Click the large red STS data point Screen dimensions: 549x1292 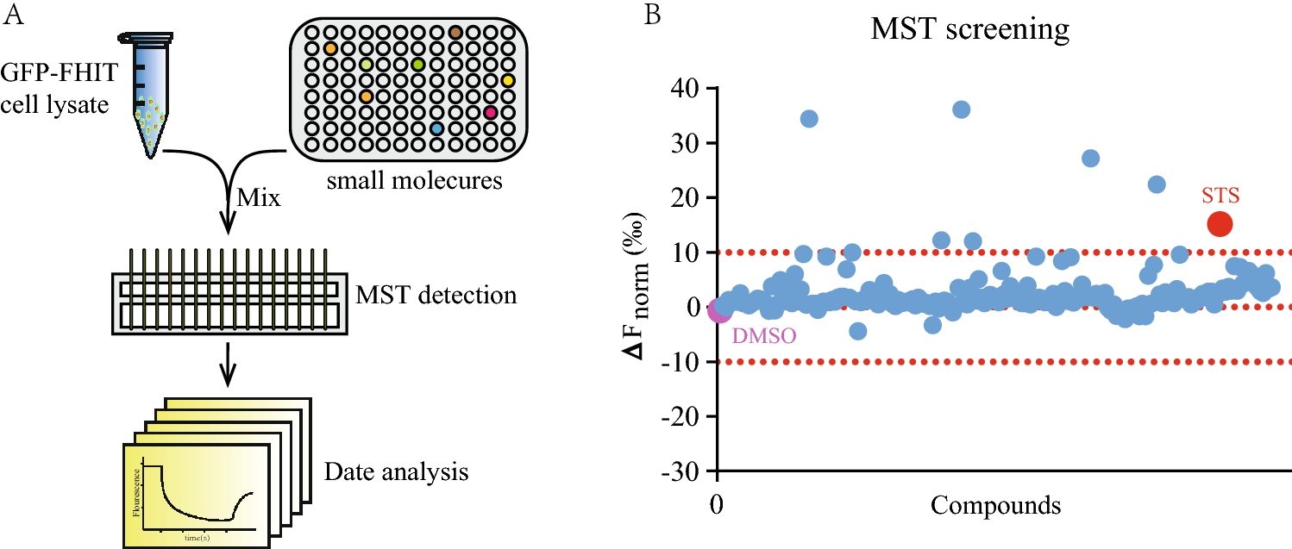(1219, 223)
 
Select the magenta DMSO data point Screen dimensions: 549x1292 (719, 309)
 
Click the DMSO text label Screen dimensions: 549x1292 (763, 336)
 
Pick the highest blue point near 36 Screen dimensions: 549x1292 (961, 109)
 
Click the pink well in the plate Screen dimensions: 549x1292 (490, 112)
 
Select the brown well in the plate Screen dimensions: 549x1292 (455, 33)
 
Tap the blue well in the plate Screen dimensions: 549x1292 (436, 128)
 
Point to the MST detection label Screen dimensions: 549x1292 (436, 296)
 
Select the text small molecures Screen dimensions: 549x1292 (416, 183)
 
